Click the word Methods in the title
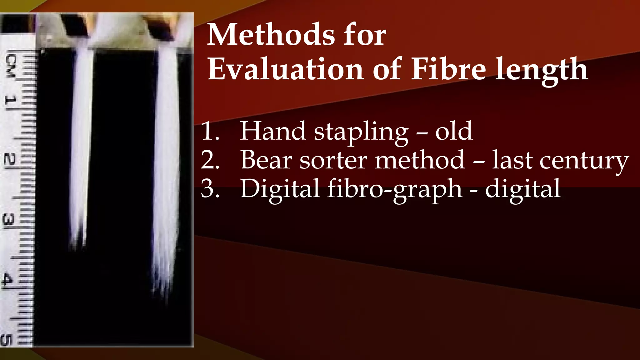pos(271,35)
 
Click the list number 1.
pos(210,131)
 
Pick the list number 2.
pos(210,160)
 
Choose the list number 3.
pos(210,188)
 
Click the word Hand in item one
pos(272,131)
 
